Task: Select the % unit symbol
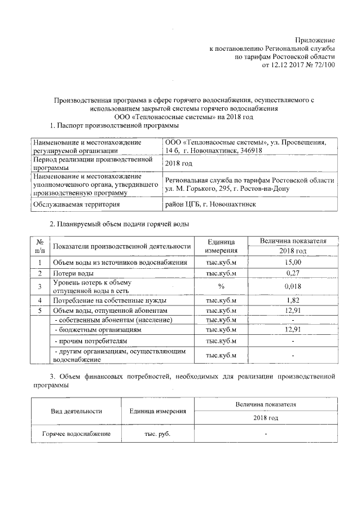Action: pos(221,287)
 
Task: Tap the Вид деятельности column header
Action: pos(72,411)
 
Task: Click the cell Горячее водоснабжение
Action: pos(72,434)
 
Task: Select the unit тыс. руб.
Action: pos(157,434)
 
